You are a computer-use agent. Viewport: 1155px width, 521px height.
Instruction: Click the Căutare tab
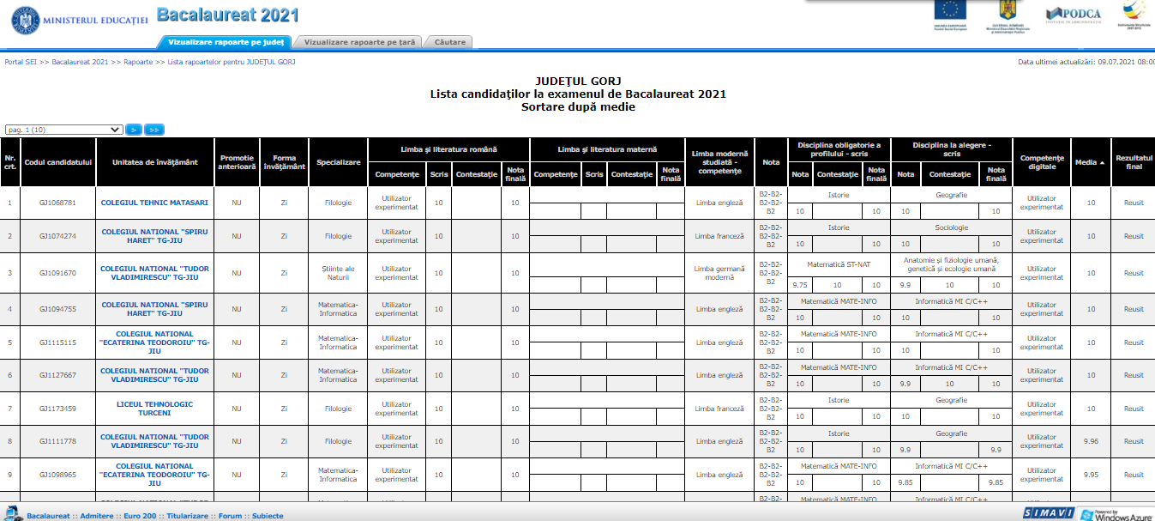pyautogui.click(x=450, y=41)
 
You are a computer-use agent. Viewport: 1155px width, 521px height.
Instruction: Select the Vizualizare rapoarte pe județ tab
pyautogui.click(x=225, y=41)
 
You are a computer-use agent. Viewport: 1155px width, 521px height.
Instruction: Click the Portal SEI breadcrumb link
pyautogui.click(x=21, y=63)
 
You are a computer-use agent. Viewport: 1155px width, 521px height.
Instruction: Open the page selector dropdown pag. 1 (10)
pyautogui.click(x=64, y=130)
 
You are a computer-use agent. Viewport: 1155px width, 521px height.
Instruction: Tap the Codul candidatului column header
pyautogui.click(x=57, y=161)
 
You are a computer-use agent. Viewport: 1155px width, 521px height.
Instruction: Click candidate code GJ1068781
pyautogui.click(x=57, y=203)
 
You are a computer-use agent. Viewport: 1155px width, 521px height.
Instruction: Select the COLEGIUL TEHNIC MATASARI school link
pyautogui.click(x=154, y=203)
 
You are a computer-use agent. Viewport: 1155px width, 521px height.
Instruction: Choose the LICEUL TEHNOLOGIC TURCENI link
pyautogui.click(x=154, y=409)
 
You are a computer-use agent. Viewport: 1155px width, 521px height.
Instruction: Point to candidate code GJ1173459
pyautogui.click(x=57, y=409)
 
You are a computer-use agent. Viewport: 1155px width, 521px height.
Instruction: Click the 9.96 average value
pyautogui.click(x=1091, y=442)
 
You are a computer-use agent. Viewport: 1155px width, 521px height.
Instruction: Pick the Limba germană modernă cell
pyautogui.click(x=719, y=273)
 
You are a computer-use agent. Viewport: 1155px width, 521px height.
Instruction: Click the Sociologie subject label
pyautogui.click(x=952, y=227)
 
